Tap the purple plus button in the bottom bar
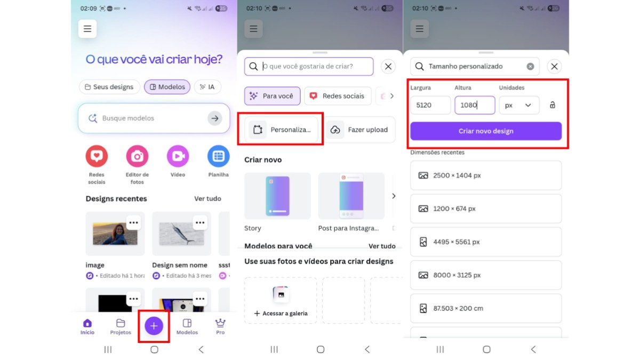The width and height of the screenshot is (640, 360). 154,325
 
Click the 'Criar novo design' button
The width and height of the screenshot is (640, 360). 485,131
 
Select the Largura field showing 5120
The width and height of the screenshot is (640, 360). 430,105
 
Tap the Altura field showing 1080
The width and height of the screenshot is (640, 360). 474,105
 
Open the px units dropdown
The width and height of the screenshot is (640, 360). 519,105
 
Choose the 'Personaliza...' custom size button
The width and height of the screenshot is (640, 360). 281,130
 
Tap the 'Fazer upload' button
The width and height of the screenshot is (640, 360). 361,130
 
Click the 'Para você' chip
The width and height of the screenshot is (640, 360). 272,96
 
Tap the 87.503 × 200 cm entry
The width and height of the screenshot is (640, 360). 485,308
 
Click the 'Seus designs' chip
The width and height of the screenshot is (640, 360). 109,87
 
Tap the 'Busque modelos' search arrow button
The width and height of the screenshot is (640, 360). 215,118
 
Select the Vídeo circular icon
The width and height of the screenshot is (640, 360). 178,156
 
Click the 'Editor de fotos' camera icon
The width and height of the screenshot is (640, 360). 137,156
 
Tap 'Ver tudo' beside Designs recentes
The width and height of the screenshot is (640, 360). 207,198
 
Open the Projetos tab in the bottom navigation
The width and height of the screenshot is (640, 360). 121,326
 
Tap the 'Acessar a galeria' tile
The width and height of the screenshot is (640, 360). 281,300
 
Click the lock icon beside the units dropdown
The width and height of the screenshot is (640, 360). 552,105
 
